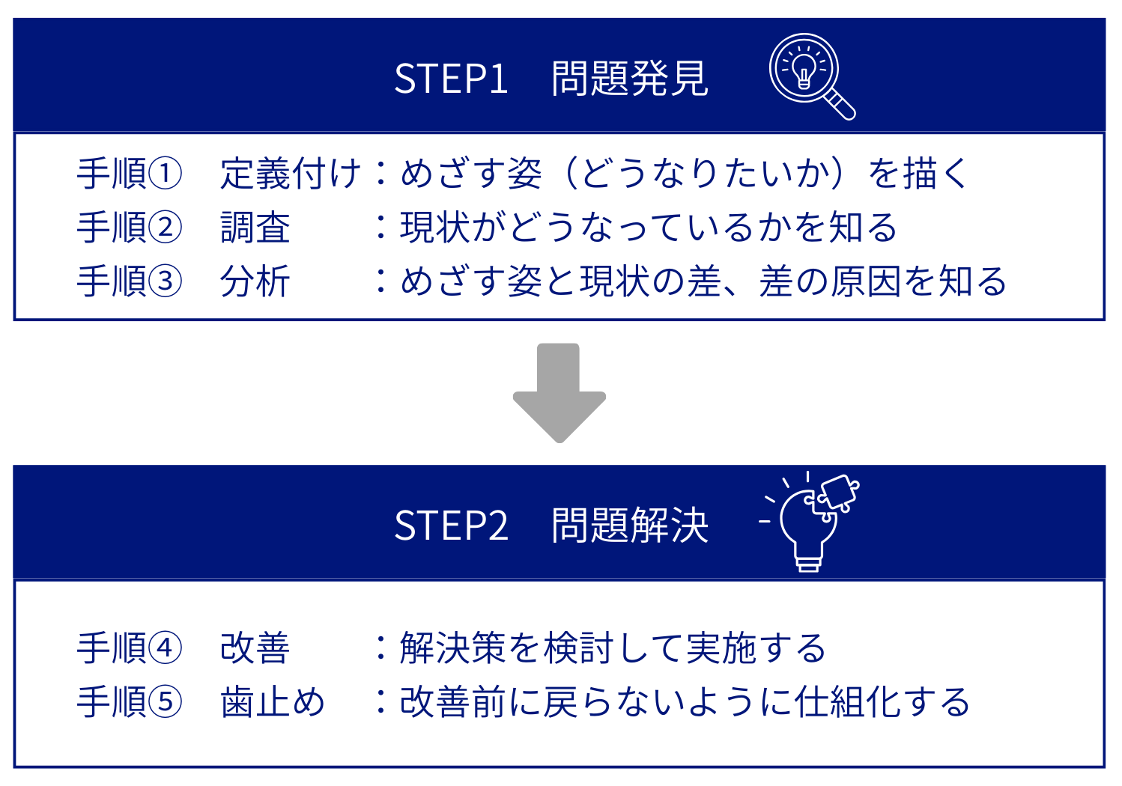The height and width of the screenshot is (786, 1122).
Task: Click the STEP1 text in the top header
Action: point(451,79)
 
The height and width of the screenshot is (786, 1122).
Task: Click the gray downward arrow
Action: point(559,394)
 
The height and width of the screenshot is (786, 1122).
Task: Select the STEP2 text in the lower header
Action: point(451,525)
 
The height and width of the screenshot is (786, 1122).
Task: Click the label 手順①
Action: point(129,174)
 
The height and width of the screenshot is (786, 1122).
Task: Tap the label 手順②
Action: point(129,228)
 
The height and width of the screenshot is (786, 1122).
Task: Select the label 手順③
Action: point(129,281)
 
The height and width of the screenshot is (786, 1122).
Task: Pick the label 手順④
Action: point(129,648)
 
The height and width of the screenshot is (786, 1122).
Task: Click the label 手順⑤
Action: point(129,702)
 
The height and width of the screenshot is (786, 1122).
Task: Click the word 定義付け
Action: point(291,174)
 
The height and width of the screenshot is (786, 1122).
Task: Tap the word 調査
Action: point(255,228)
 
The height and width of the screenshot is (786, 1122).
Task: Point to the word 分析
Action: point(255,281)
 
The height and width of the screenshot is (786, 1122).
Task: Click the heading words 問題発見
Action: point(629,79)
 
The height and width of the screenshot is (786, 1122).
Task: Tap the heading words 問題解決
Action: point(629,525)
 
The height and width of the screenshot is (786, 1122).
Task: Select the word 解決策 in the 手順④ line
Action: point(453,648)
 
